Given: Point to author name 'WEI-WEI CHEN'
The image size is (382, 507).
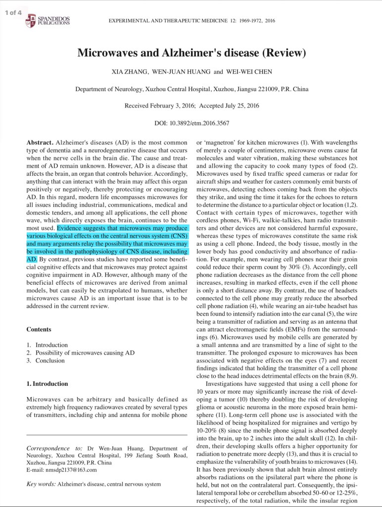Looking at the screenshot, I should coord(249,72).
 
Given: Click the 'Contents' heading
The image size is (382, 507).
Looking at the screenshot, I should coord(39,329).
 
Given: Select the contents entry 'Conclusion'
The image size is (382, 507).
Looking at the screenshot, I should coord(50,360).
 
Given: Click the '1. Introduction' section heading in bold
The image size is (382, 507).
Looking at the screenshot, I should coord(47,384).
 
